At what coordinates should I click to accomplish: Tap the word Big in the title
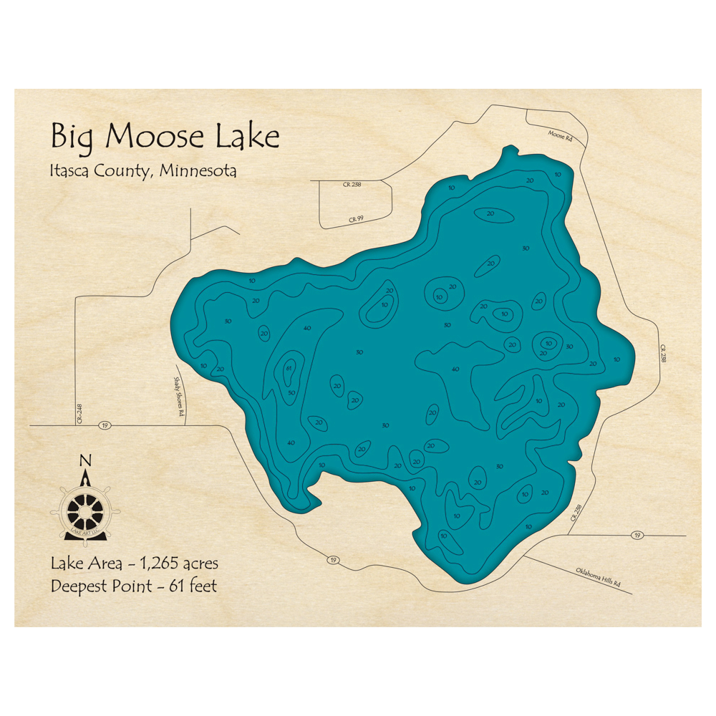click(75, 137)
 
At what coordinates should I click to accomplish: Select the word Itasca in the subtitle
click(72, 172)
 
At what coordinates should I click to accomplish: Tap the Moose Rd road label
click(559, 135)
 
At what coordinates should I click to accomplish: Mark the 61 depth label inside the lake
click(289, 368)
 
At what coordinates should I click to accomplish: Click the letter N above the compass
click(85, 460)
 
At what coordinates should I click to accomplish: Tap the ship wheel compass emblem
click(84, 508)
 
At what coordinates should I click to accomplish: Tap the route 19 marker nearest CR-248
click(105, 425)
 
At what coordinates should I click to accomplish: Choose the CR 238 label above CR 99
click(352, 185)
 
